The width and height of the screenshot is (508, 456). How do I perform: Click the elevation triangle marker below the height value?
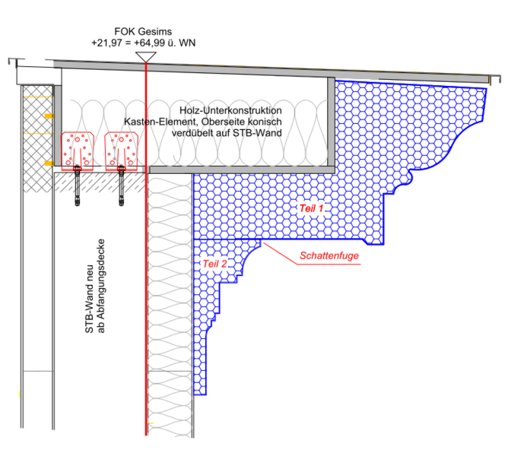(144, 55)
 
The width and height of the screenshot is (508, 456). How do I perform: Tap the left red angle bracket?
(77, 149)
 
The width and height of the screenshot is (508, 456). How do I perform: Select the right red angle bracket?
(120, 149)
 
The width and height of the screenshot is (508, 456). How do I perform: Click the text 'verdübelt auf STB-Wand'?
(226, 134)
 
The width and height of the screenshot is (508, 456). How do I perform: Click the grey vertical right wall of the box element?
(332, 122)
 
